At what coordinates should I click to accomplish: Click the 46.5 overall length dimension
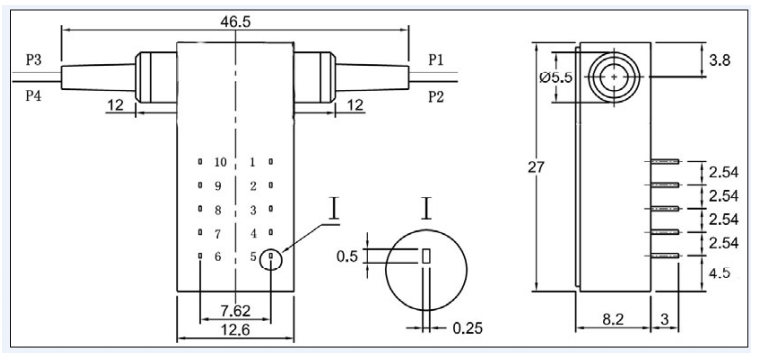235,22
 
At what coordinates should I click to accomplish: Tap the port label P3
34,60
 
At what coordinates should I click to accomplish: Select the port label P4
34,96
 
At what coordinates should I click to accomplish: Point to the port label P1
436,60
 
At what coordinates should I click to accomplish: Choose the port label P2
436,97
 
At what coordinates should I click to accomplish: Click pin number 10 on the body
221,162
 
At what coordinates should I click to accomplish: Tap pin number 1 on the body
253,162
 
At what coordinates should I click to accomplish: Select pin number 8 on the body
218,210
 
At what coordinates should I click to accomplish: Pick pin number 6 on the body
218,257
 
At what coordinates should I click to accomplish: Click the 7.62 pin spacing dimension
235,310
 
